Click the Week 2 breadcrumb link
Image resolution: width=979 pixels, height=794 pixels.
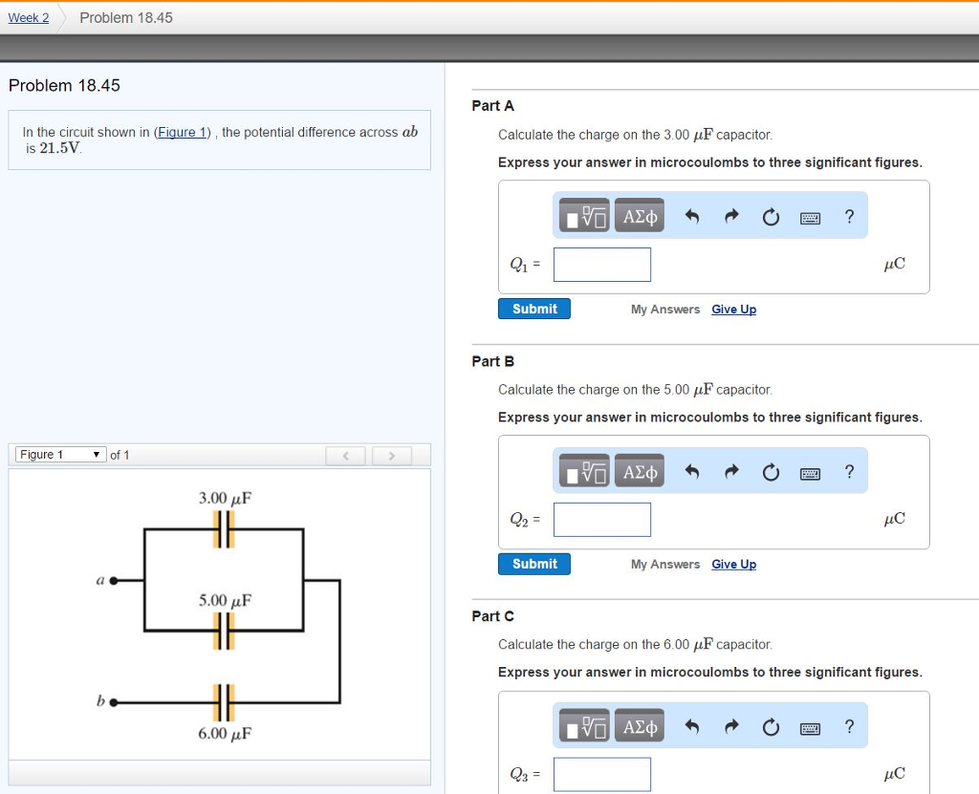[x=29, y=18]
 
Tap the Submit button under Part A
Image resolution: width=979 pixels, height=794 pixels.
[x=534, y=309]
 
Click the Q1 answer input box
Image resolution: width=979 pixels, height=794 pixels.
[x=602, y=265]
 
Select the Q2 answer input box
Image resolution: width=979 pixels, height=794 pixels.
[x=602, y=520]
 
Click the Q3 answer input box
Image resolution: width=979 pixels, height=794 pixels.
[x=602, y=774]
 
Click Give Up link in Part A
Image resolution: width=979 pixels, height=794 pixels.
[x=733, y=310]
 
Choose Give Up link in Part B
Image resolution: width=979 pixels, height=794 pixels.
[x=733, y=565]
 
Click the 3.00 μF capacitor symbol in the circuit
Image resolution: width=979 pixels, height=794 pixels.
[x=224, y=528]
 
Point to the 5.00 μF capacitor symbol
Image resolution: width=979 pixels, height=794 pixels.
[x=224, y=631]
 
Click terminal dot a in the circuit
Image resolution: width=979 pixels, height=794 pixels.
[x=114, y=579]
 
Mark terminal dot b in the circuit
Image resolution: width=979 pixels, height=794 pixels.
[x=114, y=703]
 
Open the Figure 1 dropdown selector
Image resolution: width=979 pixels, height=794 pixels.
[x=60, y=455]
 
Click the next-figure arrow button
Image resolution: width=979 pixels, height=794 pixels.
[x=391, y=455]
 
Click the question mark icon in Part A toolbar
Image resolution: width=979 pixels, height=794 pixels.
[x=849, y=217]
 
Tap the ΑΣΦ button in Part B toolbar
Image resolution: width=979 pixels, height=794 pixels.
[x=641, y=472]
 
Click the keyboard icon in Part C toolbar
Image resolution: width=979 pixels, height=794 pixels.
[x=810, y=728]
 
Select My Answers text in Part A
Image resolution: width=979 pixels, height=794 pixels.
[x=665, y=310]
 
